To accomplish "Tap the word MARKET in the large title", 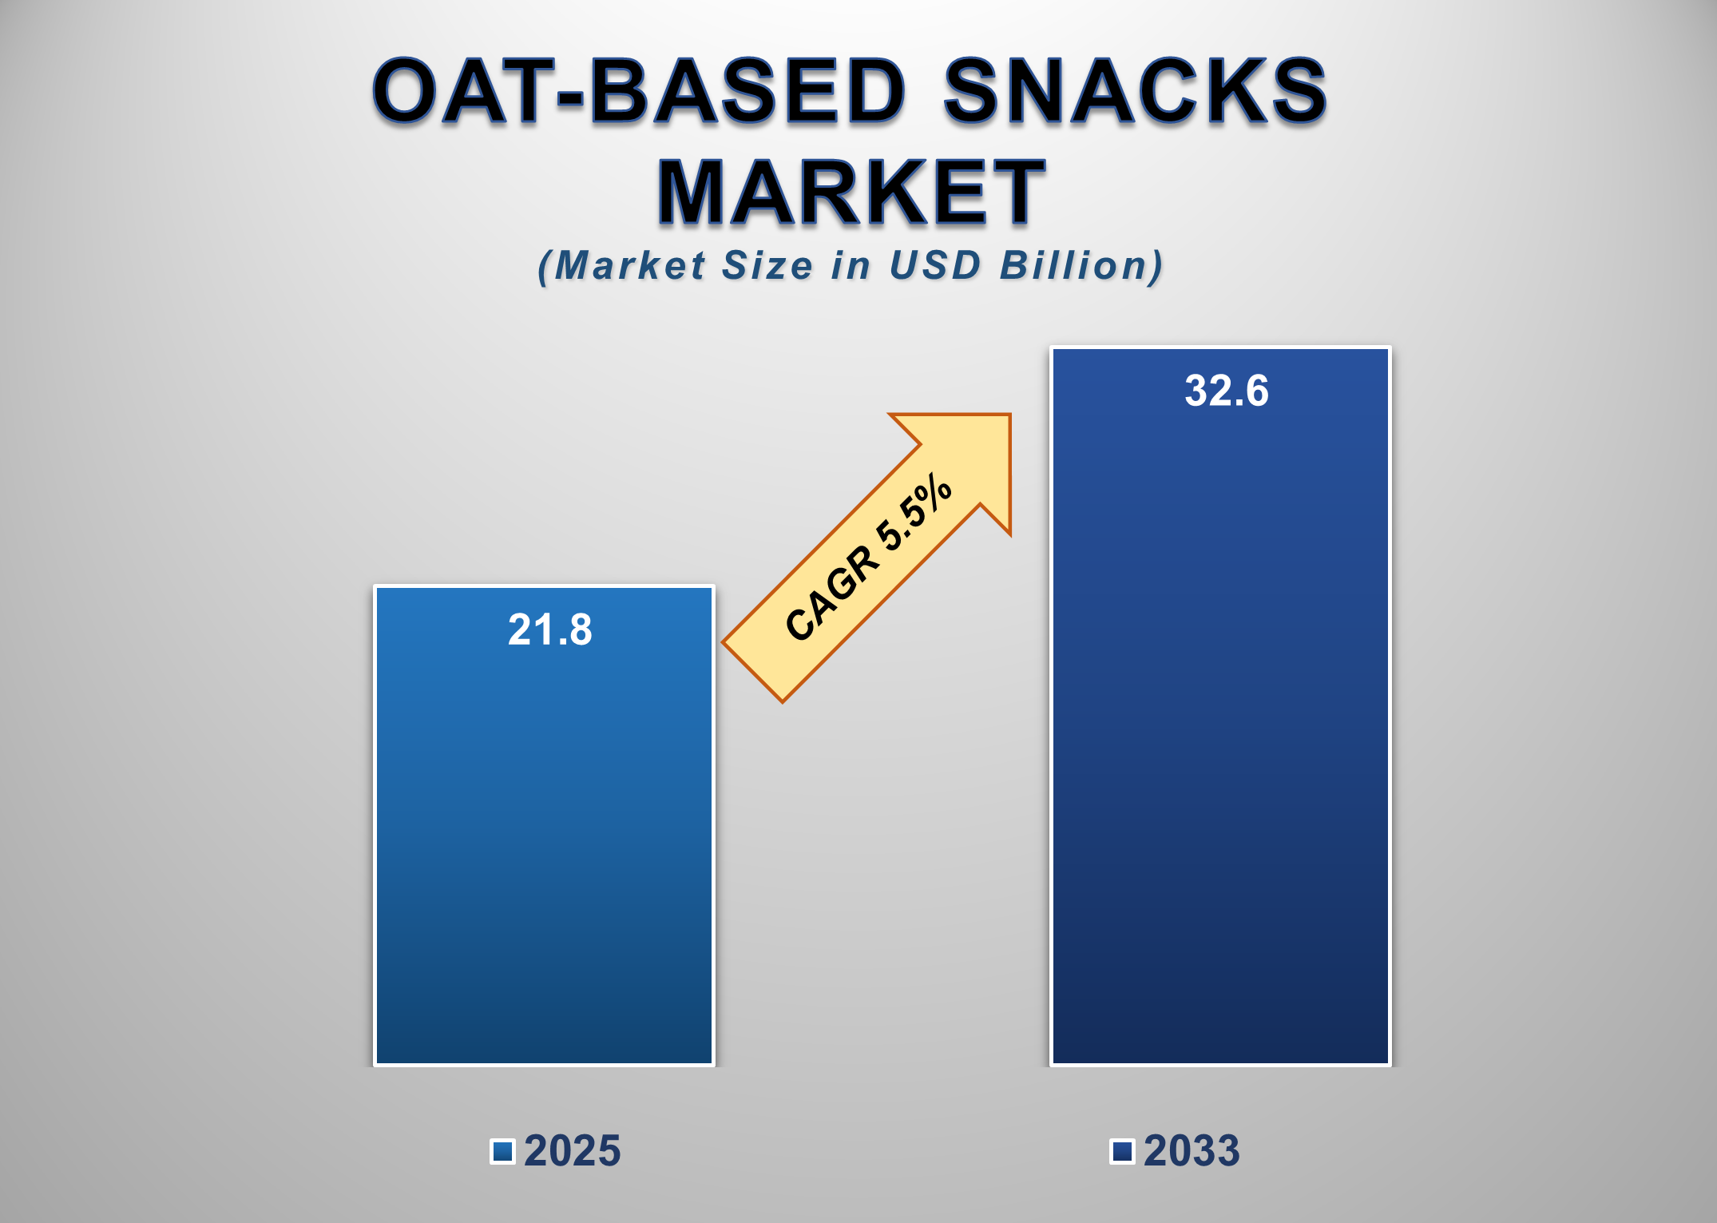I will coord(851,192).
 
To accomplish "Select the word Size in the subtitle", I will coord(767,265).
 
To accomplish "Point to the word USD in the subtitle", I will coord(934,265).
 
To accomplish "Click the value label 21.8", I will coord(550,629).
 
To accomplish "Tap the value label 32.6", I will coord(1226,391).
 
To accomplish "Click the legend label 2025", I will coord(572,1151).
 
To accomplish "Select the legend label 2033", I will coord(1192,1151).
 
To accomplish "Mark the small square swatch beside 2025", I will coord(502,1151).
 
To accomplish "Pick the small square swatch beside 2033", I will coord(1122,1151).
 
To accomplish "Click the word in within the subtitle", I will coord(850,265).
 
